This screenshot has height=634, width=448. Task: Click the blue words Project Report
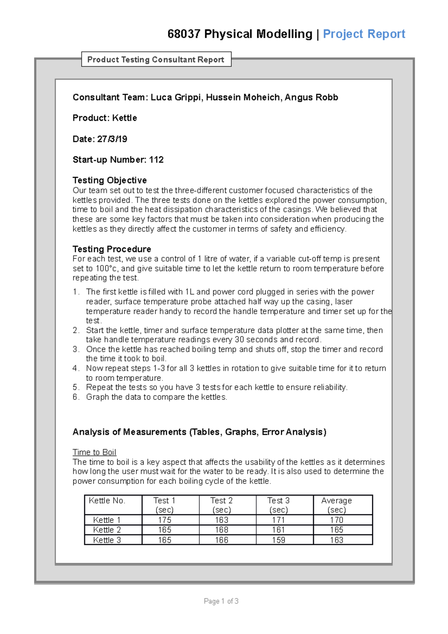[364, 34]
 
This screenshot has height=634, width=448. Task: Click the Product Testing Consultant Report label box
[156, 59]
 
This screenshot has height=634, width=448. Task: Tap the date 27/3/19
[112, 139]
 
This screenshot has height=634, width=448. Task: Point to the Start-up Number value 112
[156, 160]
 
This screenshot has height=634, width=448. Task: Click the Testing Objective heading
[109, 180]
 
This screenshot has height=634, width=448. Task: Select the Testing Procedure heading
[112, 249]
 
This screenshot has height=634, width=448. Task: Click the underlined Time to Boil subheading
[94, 452]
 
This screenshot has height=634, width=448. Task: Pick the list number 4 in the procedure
[75, 368]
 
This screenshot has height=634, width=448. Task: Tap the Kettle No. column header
[107, 501]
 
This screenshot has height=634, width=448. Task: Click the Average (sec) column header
[336, 505]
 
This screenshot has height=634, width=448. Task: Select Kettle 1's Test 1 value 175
[164, 520]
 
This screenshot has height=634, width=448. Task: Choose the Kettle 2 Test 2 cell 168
[221, 530]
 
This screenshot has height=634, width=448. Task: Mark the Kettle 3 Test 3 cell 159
[279, 540]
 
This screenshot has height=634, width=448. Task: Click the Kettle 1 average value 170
[336, 520]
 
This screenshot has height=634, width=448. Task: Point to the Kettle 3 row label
[107, 540]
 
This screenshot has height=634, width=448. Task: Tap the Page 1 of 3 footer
[221, 601]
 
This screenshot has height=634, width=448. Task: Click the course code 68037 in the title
[184, 34]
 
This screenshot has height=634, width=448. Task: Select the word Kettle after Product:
[124, 118]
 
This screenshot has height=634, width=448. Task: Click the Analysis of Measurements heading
[199, 432]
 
